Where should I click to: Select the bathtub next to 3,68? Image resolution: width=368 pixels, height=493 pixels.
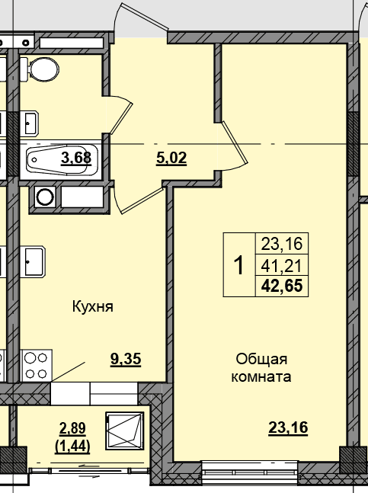tap(62, 159)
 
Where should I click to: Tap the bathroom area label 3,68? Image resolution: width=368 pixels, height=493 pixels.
tap(76, 158)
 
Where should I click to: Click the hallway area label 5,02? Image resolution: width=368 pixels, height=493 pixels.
tap(171, 158)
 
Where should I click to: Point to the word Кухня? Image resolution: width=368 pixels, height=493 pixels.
tap(93, 306)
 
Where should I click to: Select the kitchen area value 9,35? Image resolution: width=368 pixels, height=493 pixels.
tap(126, 360)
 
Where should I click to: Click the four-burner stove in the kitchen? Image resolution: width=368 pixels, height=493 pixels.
tap(36, 366)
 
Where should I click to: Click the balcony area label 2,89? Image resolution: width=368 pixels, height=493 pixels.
tap(72, 428)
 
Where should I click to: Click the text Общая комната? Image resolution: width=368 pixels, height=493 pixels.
tap(261, 367)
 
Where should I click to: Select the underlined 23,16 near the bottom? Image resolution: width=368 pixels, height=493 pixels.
tap(288, 428)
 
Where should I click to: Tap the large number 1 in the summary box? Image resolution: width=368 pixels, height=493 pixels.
tap(239, 265)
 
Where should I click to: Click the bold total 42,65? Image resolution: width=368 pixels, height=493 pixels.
tap(282, 286)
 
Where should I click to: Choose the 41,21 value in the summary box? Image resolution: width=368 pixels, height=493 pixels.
tap(282, 267)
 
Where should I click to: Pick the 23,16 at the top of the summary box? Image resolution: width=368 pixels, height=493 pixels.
tap(282, 244)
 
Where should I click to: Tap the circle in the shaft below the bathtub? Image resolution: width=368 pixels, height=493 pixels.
tap(45, 197)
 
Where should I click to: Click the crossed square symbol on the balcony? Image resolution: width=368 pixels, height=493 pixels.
tap(125, 431)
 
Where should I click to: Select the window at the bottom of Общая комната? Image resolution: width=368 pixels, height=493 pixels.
tap(249, 468)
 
